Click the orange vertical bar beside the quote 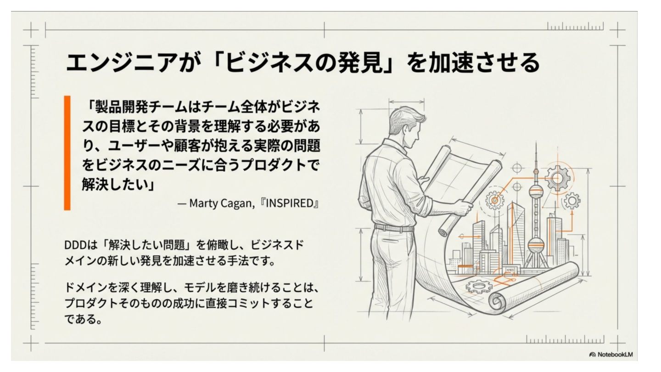67,153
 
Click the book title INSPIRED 289,203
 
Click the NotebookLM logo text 615,354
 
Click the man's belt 394,228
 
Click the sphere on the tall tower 536,191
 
